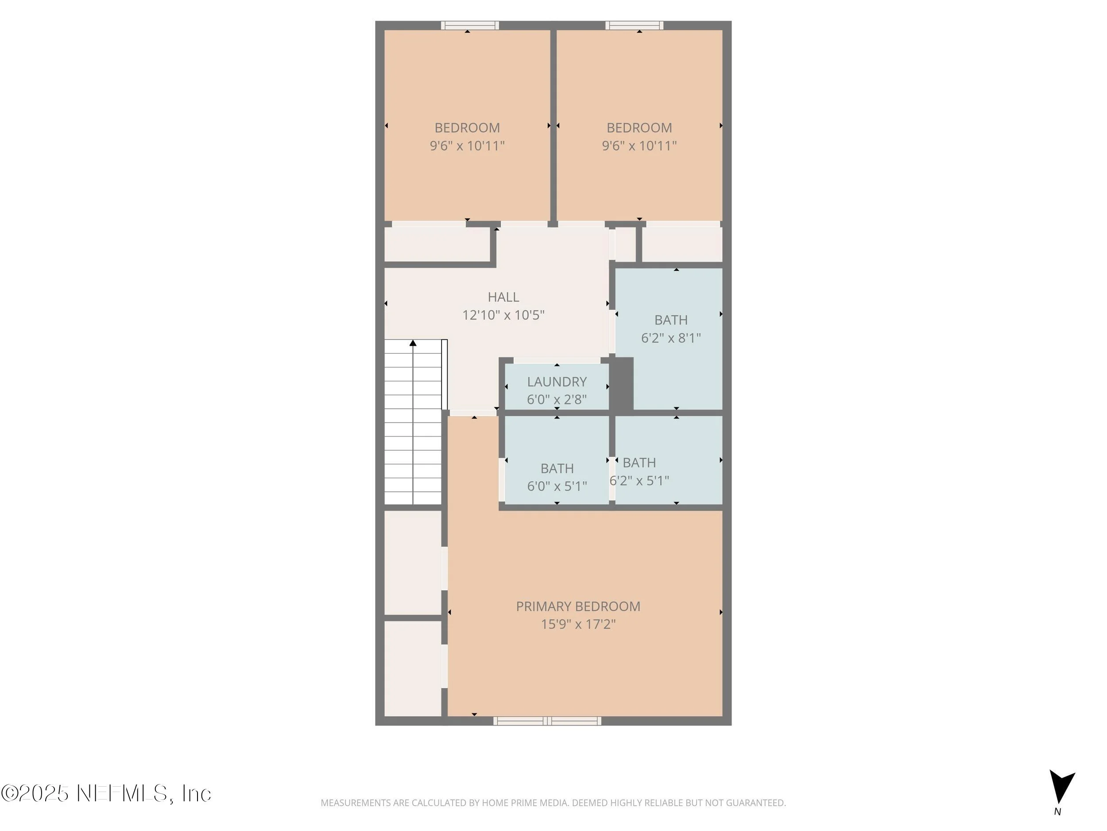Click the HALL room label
(503, 297)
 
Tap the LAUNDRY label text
(557, 382)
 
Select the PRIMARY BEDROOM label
(578, 606)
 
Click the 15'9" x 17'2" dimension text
(578, 624)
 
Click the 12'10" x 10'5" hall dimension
(503, 315)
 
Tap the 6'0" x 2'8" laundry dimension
(557, 399)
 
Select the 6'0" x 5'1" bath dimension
(557, 486)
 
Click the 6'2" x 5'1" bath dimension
(639, 480)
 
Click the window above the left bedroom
(469, 25)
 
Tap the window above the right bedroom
(634, 25)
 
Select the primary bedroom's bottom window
(547, 721)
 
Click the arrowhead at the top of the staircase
(413, 343)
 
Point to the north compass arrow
(1060, 786)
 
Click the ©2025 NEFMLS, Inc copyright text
(106, 793)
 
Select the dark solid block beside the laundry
(622, 385)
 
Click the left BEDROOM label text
(467, 128)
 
